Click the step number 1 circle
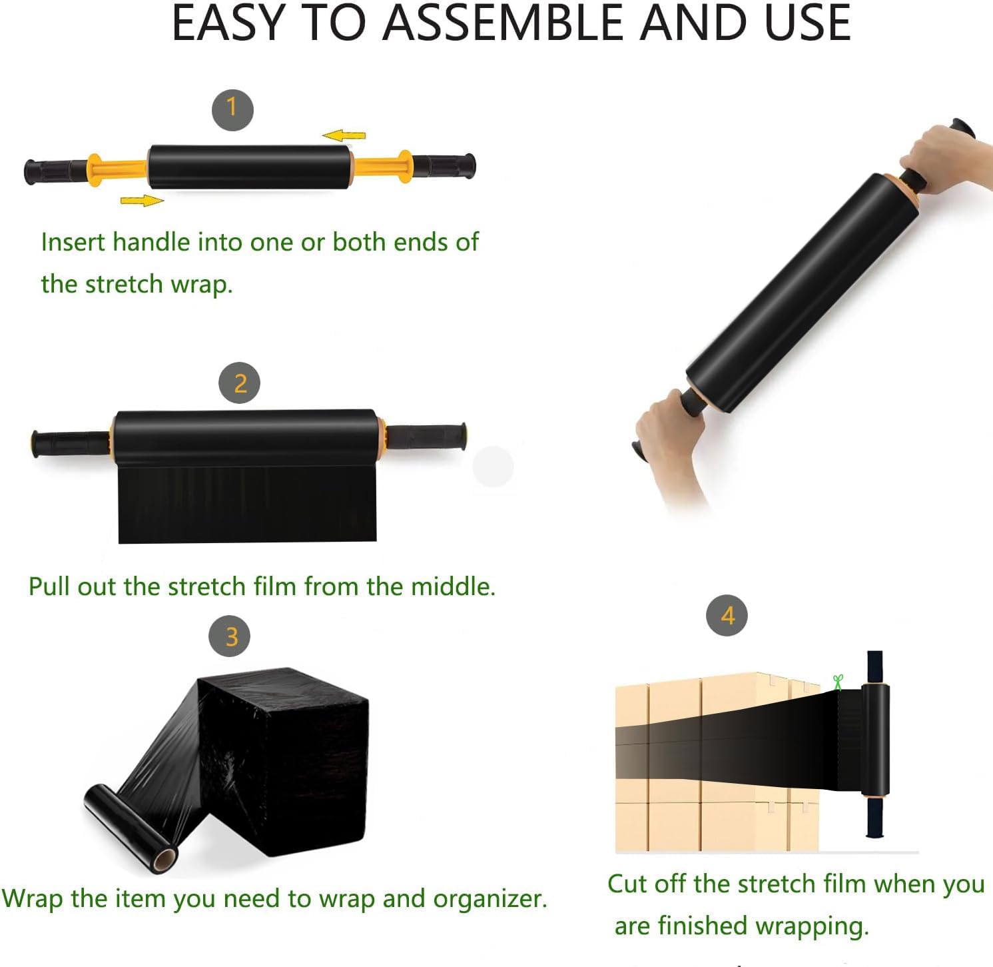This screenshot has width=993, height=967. pos(232,110)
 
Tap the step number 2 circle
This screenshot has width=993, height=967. pos(240,383)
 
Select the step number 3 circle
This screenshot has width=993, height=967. pos(230,636)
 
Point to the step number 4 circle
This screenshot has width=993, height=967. pos(727,615)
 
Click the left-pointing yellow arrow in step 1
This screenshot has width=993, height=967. pos(344,135)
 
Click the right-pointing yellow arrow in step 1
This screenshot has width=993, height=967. pos(142,200)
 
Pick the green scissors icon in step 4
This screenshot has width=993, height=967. pos(838,682)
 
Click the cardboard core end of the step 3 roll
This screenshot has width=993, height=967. pos(163,860)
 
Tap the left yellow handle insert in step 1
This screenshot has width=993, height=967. pos(117,170)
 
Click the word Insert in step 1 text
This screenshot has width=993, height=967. pos(75,242)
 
